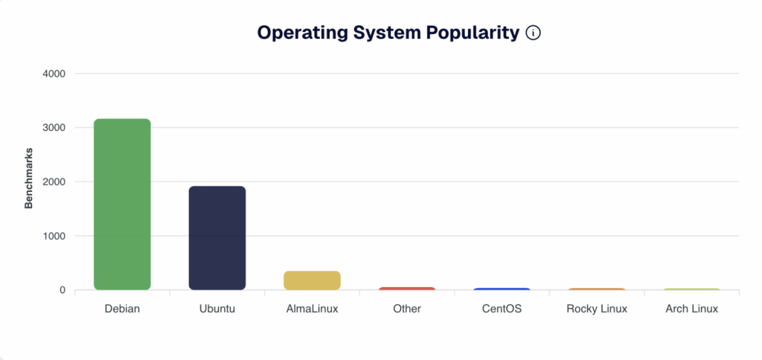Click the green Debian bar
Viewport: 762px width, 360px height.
click(x=122, y=205)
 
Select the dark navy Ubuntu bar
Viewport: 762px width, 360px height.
click(x=217, y=238)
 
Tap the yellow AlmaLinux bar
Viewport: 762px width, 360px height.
click(x=312, y=280)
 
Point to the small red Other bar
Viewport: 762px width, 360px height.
click(x=407, y=288)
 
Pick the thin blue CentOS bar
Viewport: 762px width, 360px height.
click(x=502, y=289)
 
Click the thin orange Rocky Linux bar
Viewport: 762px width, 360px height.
click(x=597, y=289)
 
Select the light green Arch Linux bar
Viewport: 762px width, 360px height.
click(x=691, y=289)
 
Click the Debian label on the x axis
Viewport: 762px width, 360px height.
click(x=122, y=308)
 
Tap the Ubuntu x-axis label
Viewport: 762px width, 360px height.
click(x=217, y=308)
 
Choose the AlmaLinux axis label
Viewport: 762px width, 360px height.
click(x=312, y=308)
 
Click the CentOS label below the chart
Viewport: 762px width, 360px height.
click(x=502, y=308)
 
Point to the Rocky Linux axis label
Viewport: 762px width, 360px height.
click(x=597, y=308)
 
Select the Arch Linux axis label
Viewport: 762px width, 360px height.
click(x=691, y=308)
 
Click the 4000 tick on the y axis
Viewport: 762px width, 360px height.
click(x=53, y=74)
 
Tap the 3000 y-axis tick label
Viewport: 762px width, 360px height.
click(x=53, y=128)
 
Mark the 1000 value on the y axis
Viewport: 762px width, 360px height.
click(x=53, y=236)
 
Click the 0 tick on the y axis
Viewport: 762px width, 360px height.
click(x=63, y=290)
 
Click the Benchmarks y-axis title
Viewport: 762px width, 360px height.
click(x=29, y=182)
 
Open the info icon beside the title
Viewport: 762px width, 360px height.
click(x=533, y=33)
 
